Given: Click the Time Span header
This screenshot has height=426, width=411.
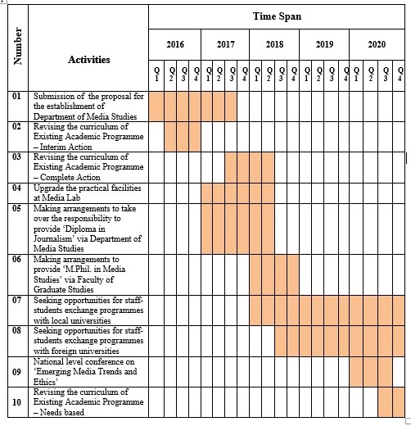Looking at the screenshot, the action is (277, 16).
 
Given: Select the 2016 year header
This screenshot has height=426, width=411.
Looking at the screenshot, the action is (175, 44).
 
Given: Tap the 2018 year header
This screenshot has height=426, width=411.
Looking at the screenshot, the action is (274, 44).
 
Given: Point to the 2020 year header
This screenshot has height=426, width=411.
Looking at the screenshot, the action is (377, 44).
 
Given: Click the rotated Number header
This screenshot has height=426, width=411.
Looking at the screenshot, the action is (17, 46).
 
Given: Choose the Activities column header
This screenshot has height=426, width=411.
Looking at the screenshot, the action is (89, 60).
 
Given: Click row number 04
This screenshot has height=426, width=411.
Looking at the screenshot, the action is (16, 188).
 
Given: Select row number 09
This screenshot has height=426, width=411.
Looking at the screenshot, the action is (16, 372).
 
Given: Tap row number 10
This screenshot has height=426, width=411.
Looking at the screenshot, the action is (16, 402).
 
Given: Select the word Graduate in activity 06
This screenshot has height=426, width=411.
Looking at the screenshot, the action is (47, 289).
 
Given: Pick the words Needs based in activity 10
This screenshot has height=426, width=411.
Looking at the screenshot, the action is (62, 412).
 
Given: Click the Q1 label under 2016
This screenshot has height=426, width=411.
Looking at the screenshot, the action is (156, 75).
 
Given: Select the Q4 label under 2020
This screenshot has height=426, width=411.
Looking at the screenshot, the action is (400, 75).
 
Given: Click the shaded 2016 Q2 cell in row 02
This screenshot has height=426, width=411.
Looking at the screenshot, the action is (170, 137).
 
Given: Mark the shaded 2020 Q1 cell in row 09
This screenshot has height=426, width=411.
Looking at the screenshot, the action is (356, 372).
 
